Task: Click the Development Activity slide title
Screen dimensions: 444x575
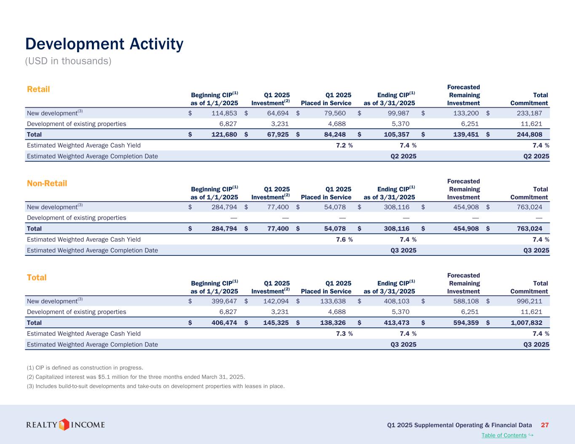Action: click(x=104, y=44)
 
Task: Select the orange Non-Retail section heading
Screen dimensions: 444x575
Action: click(x=47, y=183)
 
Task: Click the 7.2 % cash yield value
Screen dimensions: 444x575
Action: click(x=344, y=145)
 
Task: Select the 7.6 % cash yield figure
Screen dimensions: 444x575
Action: click(x=344, y=239)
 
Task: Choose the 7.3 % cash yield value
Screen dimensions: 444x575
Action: click(x=344, y=334)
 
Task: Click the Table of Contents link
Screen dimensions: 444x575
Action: click(x=504, y=436)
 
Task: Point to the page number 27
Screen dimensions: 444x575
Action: click(x=545, y=425)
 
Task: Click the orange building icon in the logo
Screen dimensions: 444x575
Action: click(x=64, y=425)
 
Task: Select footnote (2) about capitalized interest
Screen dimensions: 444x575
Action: click(x=135, y=377)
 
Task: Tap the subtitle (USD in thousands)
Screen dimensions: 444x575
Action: click(x=68, y=61)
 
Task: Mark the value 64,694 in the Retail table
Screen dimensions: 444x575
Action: click(x=275, y=113)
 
